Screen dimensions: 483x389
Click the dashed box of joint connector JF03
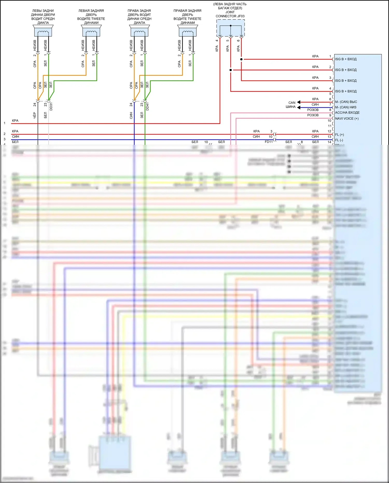pos(231,28)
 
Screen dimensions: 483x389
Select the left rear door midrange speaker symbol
pos(43,31)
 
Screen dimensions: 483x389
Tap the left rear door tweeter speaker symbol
pos(91,31)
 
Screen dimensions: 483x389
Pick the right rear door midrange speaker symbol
pos(140,31)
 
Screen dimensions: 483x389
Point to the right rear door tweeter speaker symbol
pos(188,31)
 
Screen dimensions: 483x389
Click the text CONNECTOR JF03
pos(230,16)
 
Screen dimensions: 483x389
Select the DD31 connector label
pos(51,106)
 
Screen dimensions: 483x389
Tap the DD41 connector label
pos(148,106)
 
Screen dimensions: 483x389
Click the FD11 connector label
pos(269,142)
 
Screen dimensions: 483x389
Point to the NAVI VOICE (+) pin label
pos(347,119)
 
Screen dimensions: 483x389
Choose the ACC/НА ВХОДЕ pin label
pos(347,113)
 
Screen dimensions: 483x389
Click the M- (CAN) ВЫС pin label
pos(346,102)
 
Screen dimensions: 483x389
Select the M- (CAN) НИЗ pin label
pos(346,107)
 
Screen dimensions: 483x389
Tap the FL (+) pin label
pos(339,135)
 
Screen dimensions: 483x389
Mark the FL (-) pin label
pos(339,140)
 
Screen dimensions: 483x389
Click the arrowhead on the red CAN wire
pos(299,102)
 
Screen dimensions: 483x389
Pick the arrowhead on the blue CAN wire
pos(299,107)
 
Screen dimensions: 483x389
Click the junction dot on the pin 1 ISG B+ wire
pos(241,59)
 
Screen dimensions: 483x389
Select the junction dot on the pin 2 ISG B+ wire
pos(231,70)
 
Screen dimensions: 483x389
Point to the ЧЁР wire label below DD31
pos(35,115)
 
